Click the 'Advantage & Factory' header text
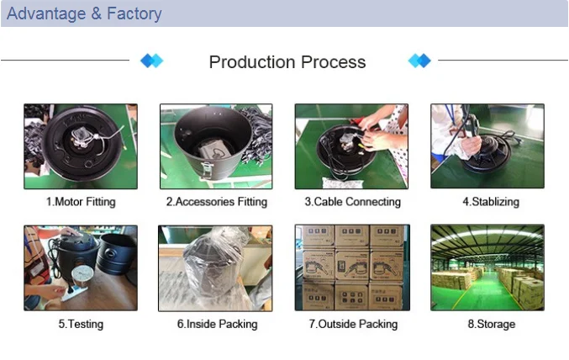pos(84,14)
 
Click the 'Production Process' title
pos(287,62)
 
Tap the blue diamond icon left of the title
pos(151,61)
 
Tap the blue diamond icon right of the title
pos(419,61)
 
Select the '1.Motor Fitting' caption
pos(81,202)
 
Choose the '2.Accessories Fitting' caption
pos(216,202)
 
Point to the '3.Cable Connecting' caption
pos(352,202)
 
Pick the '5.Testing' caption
pos(81,324)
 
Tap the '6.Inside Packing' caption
pos(216,324)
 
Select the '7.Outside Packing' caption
pos(352,324)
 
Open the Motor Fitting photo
pos(81,146)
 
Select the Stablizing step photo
pos(487,146)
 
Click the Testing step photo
pos(81,267)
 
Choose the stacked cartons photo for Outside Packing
pos(352,267)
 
